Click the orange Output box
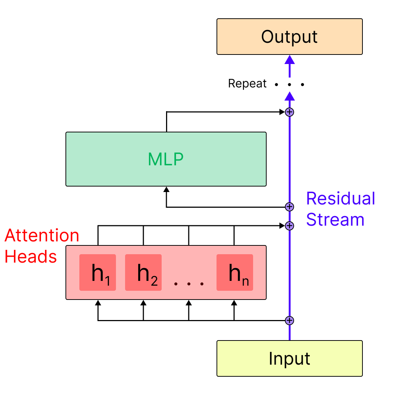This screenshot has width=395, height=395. coord(289,37)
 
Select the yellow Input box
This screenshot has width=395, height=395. coord(289,358)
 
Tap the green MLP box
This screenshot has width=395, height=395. coord(166,159)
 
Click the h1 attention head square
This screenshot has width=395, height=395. coord(98,272)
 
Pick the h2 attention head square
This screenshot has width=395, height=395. coord(143,272)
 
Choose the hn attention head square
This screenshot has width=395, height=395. coord(235,272)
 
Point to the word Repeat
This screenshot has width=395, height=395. coord(247,84)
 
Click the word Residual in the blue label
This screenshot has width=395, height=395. coord(341,199)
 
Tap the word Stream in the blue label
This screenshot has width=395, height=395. coord(335,220)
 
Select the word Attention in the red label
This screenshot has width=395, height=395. coord(42,236)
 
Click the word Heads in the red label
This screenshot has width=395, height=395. coord(31,257)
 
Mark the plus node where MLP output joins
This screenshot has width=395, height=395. coord(289,112)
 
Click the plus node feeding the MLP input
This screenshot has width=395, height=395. coord(289,207)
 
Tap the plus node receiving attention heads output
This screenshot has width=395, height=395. coord(289,226)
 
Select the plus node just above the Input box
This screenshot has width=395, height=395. coord(289,321)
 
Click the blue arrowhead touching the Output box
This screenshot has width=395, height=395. coord(289,60)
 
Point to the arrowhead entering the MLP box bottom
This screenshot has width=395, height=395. coord(166,189)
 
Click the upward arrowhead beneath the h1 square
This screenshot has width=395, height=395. coord(98,303)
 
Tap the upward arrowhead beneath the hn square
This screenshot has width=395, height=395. coord(234,303)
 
